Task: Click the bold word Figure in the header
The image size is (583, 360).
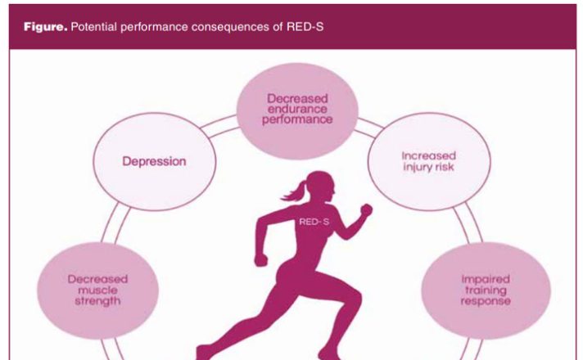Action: tap(45, 27)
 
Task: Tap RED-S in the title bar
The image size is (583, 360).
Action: tap(305, 27)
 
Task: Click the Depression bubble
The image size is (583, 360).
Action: tap(154, 162)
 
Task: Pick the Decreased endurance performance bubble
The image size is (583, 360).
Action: tap(297, 110)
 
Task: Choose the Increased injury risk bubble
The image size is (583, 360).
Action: tap(429, 162)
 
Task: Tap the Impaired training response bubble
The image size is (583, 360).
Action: tap(486, 290)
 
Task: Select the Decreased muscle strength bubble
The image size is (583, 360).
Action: tap(97, 290)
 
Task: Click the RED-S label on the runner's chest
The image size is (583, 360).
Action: tap(314, 222)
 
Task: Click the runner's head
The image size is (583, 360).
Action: tap(320, 186)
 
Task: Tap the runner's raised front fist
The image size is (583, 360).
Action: tap(366, 209)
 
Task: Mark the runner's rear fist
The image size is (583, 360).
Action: tap(260, 259)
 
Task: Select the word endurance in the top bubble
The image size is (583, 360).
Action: tap(297, 109)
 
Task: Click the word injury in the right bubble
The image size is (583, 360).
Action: tap(416, 167)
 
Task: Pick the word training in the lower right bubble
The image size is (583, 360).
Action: tap(486, 290)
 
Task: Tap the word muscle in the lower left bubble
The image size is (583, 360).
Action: tap(97, 290)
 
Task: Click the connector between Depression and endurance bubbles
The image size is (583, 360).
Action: tap(219, 125)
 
